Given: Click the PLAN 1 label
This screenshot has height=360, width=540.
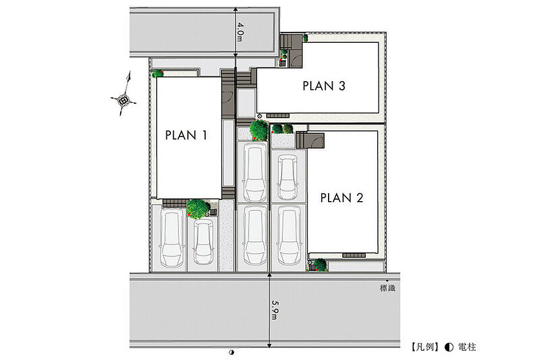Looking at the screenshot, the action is tap(186, 135).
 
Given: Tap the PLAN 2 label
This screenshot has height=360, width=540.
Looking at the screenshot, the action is tap(342, 198).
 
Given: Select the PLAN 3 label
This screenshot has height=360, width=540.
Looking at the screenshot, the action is tap(324, 86).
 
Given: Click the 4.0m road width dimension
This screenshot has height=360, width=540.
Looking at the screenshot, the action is tap(240, 32).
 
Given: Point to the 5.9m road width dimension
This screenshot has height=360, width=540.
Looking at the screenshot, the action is tap(274, 310).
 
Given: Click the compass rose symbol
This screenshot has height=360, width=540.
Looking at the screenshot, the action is tap(123, 99).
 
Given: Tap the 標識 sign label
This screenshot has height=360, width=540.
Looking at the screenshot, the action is tap(387, 288).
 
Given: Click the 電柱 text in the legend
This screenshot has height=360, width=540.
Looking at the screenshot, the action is tap(467, 347).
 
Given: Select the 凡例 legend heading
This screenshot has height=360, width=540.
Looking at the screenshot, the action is tap(425, 347).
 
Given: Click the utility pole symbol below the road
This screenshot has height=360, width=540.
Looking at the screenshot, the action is tap(231, 352).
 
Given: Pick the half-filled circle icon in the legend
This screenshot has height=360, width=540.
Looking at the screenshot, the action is tap(449, 347).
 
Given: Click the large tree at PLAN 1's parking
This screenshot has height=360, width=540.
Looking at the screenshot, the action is tap(198, 209).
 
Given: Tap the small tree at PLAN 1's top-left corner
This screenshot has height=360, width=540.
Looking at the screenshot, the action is tap(158, 73).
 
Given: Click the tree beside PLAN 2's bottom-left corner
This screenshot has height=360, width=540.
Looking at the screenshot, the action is tap(320, 265).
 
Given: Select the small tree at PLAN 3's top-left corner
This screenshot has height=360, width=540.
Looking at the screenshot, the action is tap(305, 38).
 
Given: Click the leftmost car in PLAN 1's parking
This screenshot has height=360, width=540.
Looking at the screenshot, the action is tap(172, 238).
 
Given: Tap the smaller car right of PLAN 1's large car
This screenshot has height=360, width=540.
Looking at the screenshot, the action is tap(203, 242).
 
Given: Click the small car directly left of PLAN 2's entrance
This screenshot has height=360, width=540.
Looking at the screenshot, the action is tap(287, 177).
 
